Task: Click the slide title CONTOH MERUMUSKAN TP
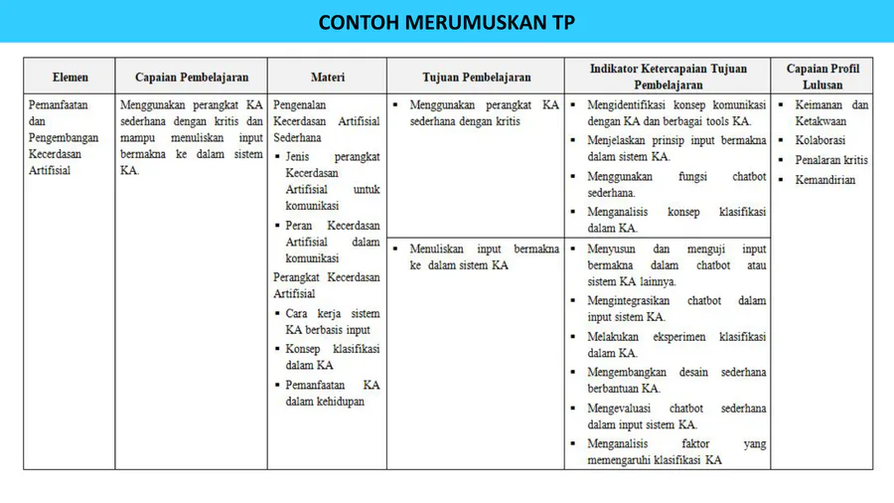point(446,23)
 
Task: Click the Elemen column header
point(71,77)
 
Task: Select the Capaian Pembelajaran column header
point(192,77)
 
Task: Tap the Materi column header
point(327,77)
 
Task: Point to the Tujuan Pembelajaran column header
point(476,77)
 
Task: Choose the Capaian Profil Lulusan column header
point(822,77)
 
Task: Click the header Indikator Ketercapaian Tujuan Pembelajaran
point(667,77)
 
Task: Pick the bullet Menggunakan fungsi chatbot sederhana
point(675,185)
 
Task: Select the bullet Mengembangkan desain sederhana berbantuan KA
point(675,380)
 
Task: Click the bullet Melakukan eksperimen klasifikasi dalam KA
point(675,344)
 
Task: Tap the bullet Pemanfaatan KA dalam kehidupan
point(332,393)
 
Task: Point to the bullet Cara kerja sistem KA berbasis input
point(332,321)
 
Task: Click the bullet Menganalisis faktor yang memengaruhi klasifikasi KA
point(675,451)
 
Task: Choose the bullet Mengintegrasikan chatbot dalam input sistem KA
point(675,308)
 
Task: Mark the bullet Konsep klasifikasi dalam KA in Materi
point(332,357)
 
